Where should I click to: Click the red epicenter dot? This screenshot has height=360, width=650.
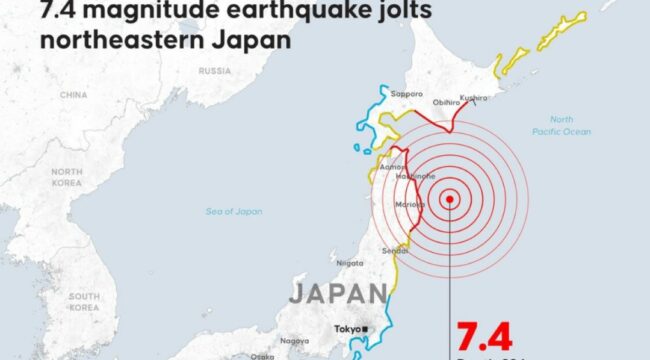(451, 198)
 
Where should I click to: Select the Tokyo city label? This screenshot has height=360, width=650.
(347, 329)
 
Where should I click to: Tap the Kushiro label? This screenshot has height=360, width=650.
(474, 97)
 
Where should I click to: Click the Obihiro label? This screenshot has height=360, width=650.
(445, 102)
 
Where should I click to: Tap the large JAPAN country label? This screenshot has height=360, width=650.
(337, 293)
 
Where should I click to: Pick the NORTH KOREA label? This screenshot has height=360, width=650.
(67, 177)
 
